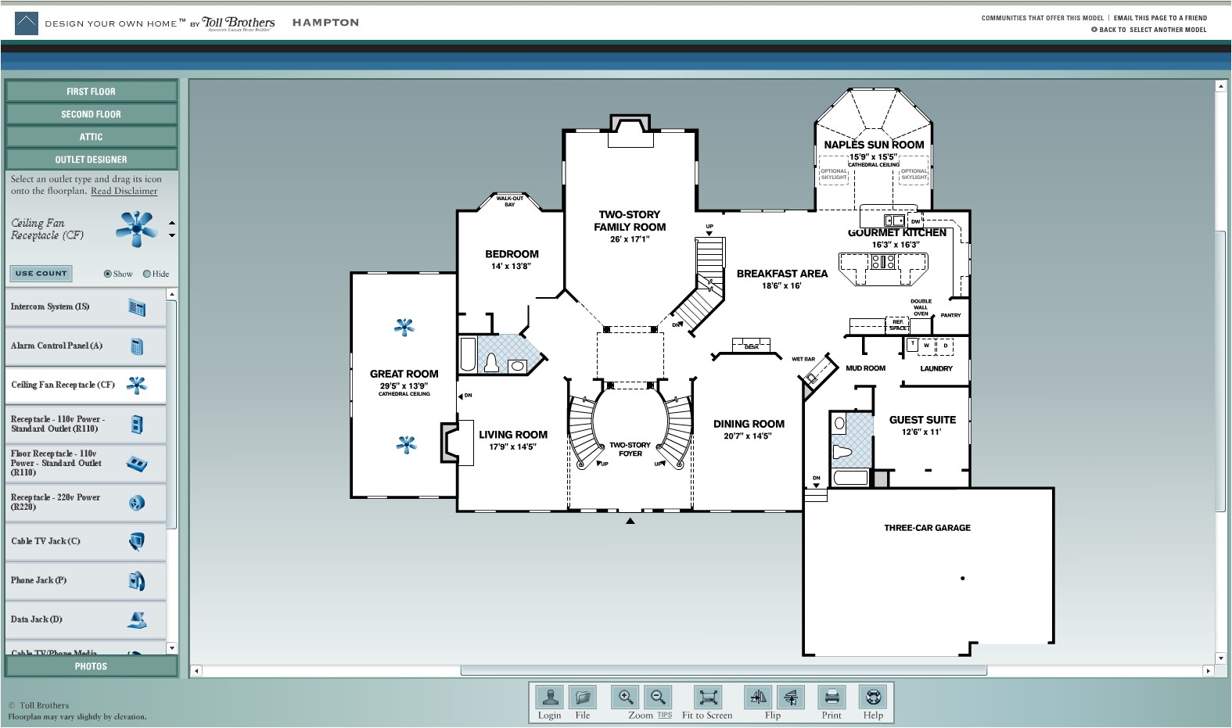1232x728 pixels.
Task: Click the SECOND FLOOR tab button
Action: (x=91, y=114)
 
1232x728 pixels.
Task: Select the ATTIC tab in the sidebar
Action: (x=91, y=137)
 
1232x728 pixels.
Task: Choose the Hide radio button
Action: (x=146, y=274)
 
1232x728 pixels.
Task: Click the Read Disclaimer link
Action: (x=124, y=191)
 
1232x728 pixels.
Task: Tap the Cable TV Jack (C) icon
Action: (x=136, y=541)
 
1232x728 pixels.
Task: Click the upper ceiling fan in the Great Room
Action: (x=404, y=327)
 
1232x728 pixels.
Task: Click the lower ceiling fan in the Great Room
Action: (x=406, y=445)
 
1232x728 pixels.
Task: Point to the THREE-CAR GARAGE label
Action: (x=927, y=528)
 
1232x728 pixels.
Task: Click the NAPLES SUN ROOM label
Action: (x=874, y=145)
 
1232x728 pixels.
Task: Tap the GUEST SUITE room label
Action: (x=922, y=420)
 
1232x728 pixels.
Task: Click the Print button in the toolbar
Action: (x=832, y=697)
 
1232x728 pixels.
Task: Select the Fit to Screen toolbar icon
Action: (x=707, y=697)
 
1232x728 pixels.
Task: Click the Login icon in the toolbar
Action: (x=549, y=697)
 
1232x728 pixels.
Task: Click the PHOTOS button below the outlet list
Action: (x=91, y=666)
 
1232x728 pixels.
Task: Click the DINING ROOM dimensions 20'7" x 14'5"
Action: (x=748, y=436)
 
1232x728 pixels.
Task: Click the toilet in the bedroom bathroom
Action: (x=492, y=363)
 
